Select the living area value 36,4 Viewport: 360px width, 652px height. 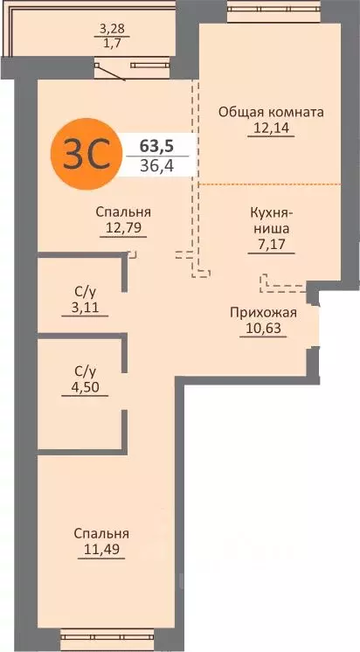[x=156, y=163]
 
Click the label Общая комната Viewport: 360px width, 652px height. [x=271, y=113]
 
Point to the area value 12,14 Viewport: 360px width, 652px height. [x=271, y=129]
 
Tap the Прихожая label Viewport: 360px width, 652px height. [x=263, y=312]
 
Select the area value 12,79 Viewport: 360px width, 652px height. [x=123, y=228]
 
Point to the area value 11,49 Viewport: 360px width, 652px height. [x=101, y=550]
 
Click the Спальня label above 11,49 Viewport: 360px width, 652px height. [x=101, y=533]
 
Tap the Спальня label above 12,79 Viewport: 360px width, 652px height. [x=123, y=212]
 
